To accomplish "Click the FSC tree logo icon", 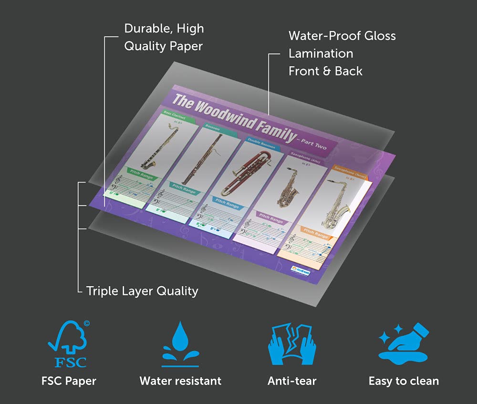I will tap(68, 344).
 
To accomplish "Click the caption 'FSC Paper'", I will tap(68, 381).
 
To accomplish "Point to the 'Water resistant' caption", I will tap(180, 381).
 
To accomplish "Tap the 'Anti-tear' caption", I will tap(292, 381).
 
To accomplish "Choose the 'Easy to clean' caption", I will tap(404, 381).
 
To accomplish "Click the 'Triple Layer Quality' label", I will tap(142, 290).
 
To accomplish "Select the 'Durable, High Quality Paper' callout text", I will tap(164, 37).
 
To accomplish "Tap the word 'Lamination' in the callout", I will tap(321, 53).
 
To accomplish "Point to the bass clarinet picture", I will tap(160, 145).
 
